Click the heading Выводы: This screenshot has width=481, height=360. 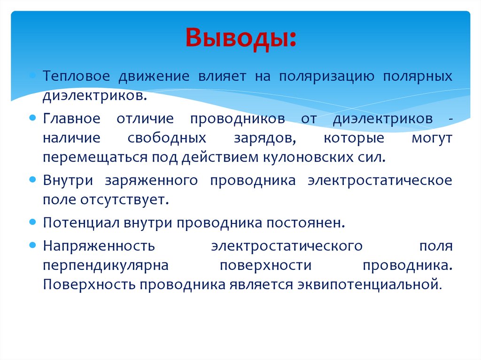click(x=240, y=38)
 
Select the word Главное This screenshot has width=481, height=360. click(x=71, y=119)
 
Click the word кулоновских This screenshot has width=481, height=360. click(x=310, y=157)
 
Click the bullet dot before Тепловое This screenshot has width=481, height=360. click(x=32, y=75)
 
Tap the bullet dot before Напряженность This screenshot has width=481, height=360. click(x=32, y=245)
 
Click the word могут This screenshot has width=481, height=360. click(x=431, y=138)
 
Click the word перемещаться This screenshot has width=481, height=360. click(x=95, y=157)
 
